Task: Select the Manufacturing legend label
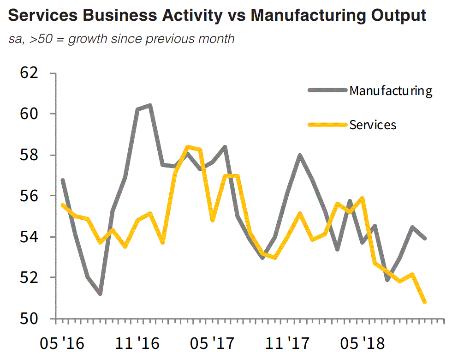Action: click(391, 90)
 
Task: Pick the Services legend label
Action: click(373, 125)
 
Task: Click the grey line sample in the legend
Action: click(327, 90)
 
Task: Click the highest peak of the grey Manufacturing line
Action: click(149, 106)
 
